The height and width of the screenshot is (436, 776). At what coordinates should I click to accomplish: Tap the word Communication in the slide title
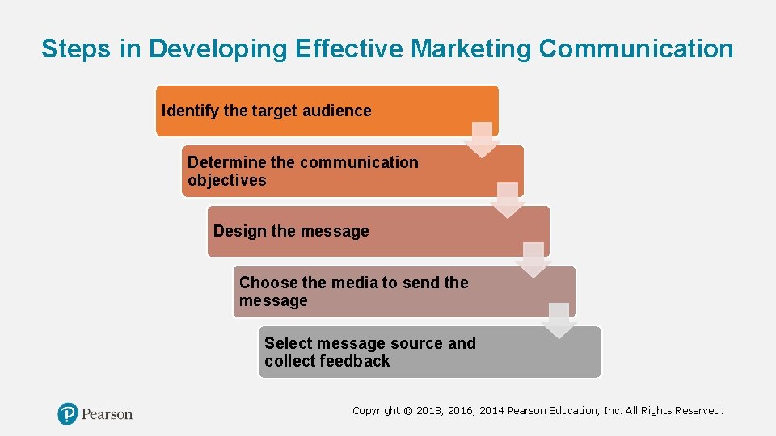tap(636, 48)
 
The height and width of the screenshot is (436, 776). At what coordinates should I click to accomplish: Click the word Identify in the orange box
tap(191, 111)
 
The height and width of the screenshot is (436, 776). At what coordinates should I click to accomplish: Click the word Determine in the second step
tap(227, 162)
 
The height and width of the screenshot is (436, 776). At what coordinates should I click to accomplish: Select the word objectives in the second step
tap(226, 180)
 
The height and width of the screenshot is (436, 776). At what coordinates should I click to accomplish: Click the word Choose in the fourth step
tap(268, 283)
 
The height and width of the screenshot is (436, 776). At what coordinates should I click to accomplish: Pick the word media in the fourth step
tap(354, 283)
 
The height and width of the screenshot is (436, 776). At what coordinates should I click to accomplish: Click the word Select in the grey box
tap(287, 343)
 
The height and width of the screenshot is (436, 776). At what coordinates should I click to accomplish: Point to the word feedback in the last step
tap(353, 361)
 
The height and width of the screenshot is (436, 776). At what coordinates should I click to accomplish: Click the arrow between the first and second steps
tap(483, 140)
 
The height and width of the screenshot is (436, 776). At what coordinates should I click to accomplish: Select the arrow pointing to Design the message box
tap(508, 200)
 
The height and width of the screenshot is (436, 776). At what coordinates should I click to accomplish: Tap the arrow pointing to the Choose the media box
tap(533, 260)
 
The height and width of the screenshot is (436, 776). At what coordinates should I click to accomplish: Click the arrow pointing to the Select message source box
tap(559, 321)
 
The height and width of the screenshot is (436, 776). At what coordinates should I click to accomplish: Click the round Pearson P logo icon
tap(68, 414)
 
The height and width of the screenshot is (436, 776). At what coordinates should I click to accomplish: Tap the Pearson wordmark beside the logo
tap(106, 414)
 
